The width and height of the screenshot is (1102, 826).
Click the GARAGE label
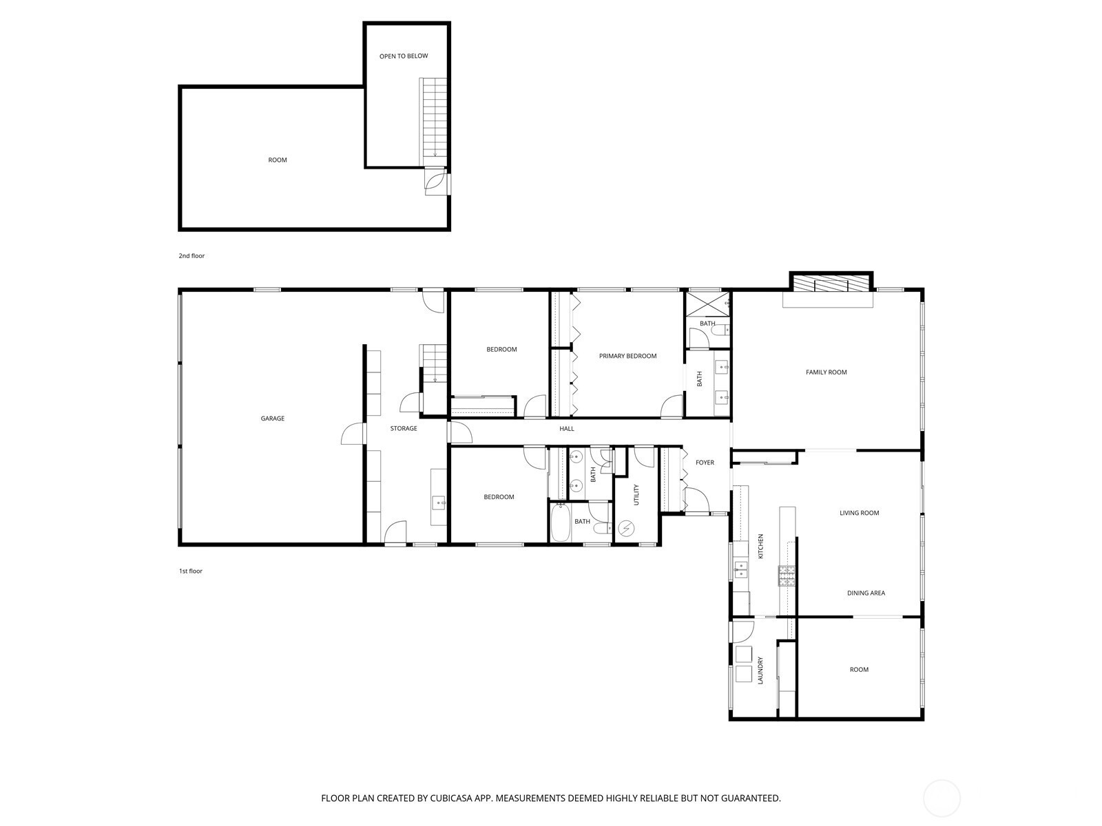[x=272, y=419]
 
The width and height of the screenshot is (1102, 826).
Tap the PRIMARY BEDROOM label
[x=627, y=356]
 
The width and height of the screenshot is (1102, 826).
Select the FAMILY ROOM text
[x=826, y=372]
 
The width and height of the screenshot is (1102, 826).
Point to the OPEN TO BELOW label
[x=404, y=56]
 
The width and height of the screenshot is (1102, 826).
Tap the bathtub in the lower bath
[x=560, y=523]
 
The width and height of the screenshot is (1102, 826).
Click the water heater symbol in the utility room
[x=627, y=527]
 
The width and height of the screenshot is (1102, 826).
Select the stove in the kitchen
[x=787, y=575]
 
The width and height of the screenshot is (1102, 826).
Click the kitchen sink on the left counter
[x=740, y=570]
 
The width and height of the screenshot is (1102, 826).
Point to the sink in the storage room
[x=439, y=502]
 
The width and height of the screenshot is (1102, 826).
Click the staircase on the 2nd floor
[x=433, y=121]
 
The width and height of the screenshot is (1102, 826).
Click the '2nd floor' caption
[x=191, y=256]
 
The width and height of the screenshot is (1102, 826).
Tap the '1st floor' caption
[x=191, y=571]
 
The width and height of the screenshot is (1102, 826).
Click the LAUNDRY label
[x=760, y=670]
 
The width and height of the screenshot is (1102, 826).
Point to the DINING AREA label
[x=866, y=593]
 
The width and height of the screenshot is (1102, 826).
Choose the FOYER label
[x=705, y=463]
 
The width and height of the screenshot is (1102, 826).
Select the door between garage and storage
[x=353, y=434]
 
